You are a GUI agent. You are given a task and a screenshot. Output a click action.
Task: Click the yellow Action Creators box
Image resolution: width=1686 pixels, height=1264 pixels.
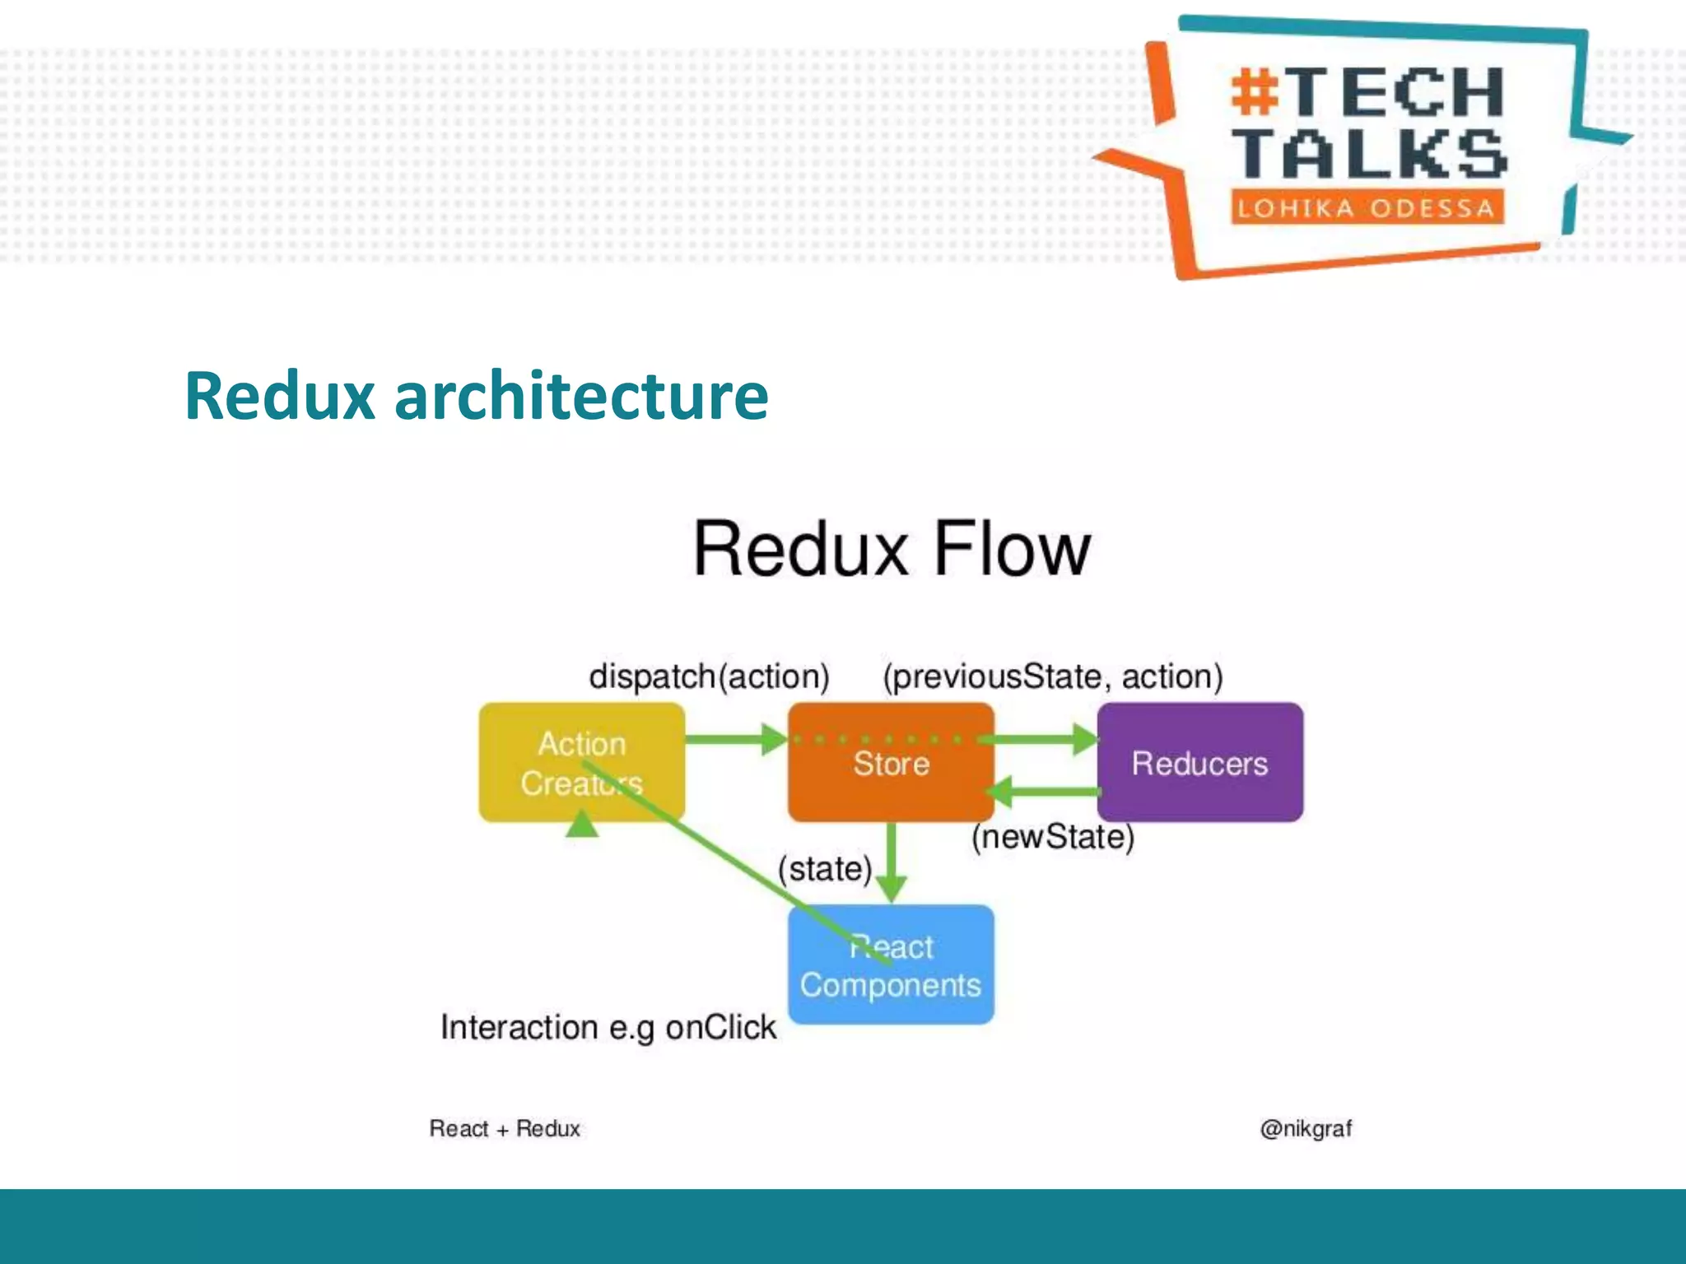tap(581, 762)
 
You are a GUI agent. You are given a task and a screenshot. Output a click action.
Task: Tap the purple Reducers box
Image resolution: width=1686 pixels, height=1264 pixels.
tap(1199, 763)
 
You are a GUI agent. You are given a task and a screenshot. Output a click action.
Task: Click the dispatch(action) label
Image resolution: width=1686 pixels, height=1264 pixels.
tap(709, 676)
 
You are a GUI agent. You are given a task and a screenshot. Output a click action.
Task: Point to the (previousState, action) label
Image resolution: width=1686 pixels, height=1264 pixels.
tap(1052, 676)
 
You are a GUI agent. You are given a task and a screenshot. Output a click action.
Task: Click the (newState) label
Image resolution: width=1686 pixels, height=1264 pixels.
tap(1052, 837)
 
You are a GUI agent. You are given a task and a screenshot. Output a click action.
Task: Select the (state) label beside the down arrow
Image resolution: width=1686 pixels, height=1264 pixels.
tap(824, 869)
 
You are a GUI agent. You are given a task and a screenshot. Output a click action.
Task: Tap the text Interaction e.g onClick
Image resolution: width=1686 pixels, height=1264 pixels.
tap(608, 1027)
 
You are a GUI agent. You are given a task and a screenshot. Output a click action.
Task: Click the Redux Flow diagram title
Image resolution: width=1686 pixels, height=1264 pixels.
tap(892, 549)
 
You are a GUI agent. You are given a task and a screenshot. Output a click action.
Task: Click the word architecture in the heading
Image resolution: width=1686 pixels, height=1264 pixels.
tap(581, 396)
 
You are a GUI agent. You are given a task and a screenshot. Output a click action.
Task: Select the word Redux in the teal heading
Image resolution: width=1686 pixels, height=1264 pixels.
tap(280, 396)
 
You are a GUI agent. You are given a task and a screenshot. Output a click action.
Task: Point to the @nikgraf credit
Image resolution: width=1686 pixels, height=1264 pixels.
tap(1305, 1128)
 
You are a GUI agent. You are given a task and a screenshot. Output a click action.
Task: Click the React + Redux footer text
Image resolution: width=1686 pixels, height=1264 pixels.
tap(505, 1128)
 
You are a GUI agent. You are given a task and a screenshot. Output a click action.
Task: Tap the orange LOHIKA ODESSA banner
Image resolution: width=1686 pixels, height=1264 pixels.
tap(1367, 207)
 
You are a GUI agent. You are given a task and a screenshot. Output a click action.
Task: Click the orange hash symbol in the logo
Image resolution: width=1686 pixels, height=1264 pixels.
tap(1255, 92)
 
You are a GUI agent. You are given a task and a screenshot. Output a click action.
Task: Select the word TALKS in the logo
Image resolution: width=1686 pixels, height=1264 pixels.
tap(1371, 155)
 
